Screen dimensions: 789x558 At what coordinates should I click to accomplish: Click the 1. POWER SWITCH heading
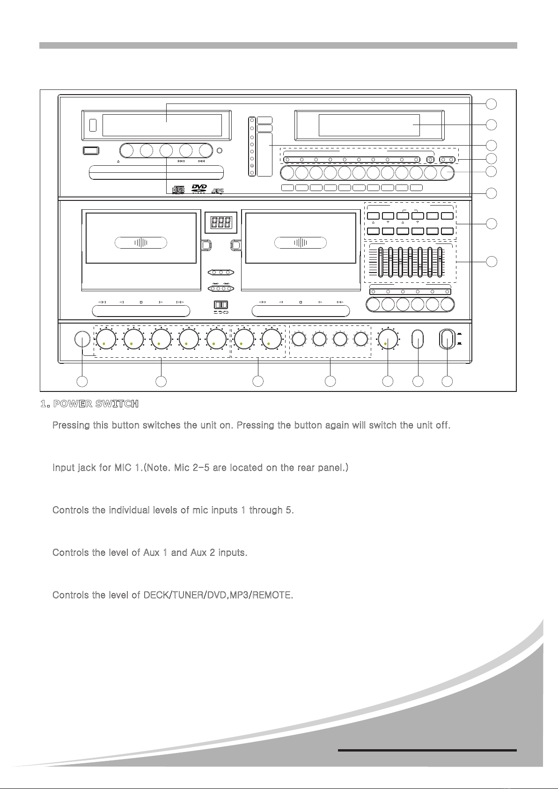pyautogui.click(x=89, y=404)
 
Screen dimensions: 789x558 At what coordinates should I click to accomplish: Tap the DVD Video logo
pyautogui.click(x=199, y=188)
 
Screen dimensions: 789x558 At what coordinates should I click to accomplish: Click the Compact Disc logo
pyautogui.click(x=178, y=190)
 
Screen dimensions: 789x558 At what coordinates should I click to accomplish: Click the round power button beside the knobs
pyautogui.click(x=82, y=339)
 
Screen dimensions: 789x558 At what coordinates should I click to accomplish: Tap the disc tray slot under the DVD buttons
pyautogui.click(x=156, y=172)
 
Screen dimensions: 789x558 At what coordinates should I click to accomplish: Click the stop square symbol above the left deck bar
pyautogui.click(x=141, y=302)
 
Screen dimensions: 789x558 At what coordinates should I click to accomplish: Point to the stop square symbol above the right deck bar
pyautogui.click(x=301, y=302)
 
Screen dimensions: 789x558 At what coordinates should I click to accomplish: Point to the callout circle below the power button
pyautogui.click(x=82, y=381)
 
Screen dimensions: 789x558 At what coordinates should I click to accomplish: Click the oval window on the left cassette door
pyautogui.click(x=141, y=243)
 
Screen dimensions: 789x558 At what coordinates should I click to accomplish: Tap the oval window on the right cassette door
pyautogui.click(x=301, y=243)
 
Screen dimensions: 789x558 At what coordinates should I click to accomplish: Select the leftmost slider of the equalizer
pyautogui.click(x=381, y=262)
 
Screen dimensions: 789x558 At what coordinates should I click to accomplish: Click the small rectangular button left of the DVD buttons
pyautogui.click(x=91, y=151)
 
